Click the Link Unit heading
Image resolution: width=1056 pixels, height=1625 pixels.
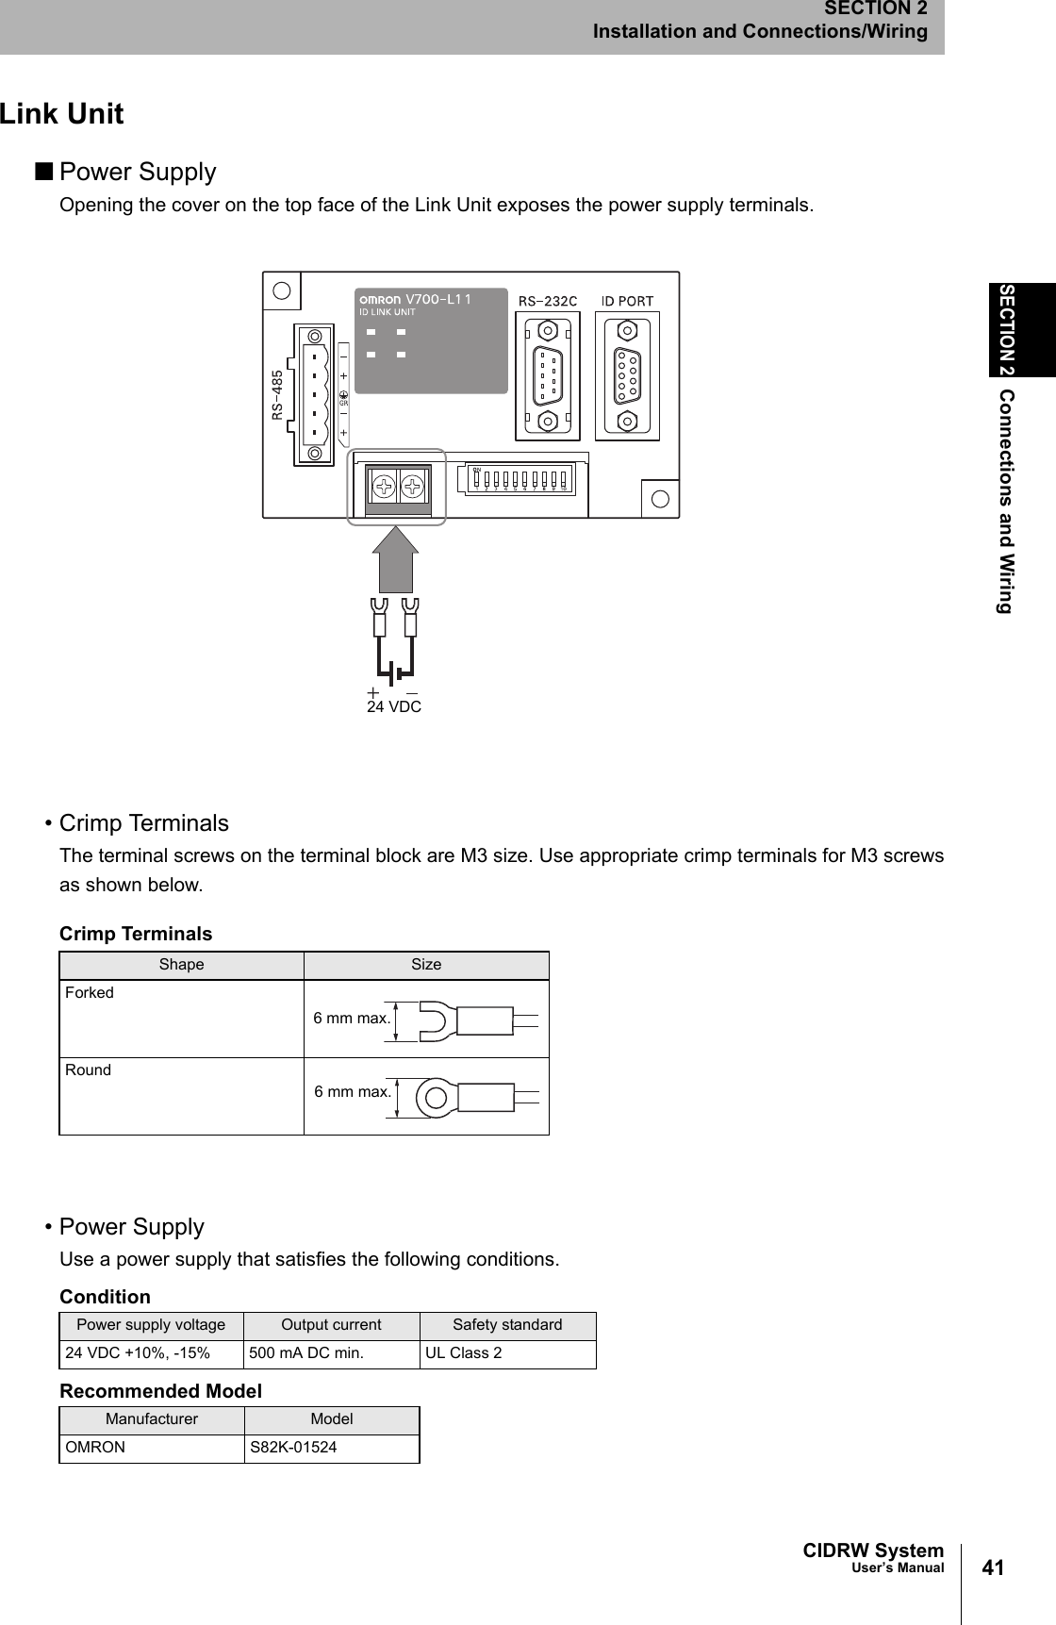coord(61,114)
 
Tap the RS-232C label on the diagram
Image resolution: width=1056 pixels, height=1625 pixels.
coord(548,301)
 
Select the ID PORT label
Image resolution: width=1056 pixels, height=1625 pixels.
coord(627,301)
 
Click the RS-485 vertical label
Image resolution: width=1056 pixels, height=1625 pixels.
coord(277,394)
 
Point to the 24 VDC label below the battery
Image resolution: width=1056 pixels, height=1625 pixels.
coord(393,706)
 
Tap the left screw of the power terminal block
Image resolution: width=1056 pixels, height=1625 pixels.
coord(383,487)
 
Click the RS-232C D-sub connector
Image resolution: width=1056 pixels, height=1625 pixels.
coord(548,376)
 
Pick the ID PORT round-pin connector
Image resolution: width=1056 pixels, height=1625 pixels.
coord(627,376)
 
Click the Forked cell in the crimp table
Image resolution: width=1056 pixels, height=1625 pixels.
coord(90,992)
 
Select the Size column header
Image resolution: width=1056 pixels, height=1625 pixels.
coord(426,965)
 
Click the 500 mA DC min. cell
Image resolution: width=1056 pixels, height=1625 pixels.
coord(305,1353)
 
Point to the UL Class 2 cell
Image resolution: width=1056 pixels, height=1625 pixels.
coord(463,1353)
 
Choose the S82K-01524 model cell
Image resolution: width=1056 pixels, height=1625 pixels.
coord(293,1448)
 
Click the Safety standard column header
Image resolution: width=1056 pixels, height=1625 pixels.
coord(507,1325)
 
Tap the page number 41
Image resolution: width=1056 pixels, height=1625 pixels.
coord(993,1568)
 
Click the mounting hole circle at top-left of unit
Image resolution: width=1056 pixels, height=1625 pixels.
coord(281,290)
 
